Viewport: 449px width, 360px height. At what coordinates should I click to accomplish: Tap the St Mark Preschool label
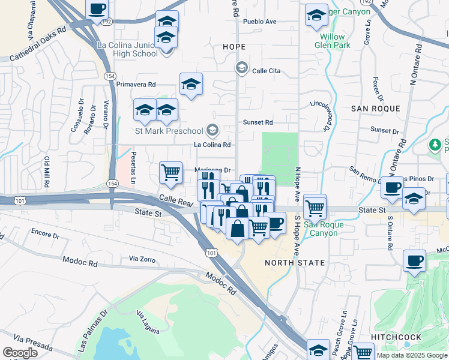click(169, 130)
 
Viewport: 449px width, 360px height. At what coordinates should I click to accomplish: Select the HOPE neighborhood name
click(234, 46)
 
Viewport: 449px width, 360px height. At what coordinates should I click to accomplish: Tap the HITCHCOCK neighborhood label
click(396, 337)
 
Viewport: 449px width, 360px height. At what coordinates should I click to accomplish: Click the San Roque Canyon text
click(324, 229)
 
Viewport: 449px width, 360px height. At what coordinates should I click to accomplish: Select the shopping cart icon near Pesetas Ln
click(171, 172)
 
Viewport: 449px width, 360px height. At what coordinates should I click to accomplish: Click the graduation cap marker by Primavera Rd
click(191, 84)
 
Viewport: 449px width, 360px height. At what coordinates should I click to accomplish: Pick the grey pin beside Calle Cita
click(242, 67)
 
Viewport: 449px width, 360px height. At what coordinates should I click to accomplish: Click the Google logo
click(20, 353)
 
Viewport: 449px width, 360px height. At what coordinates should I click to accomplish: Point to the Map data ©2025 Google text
click(412, 355)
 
